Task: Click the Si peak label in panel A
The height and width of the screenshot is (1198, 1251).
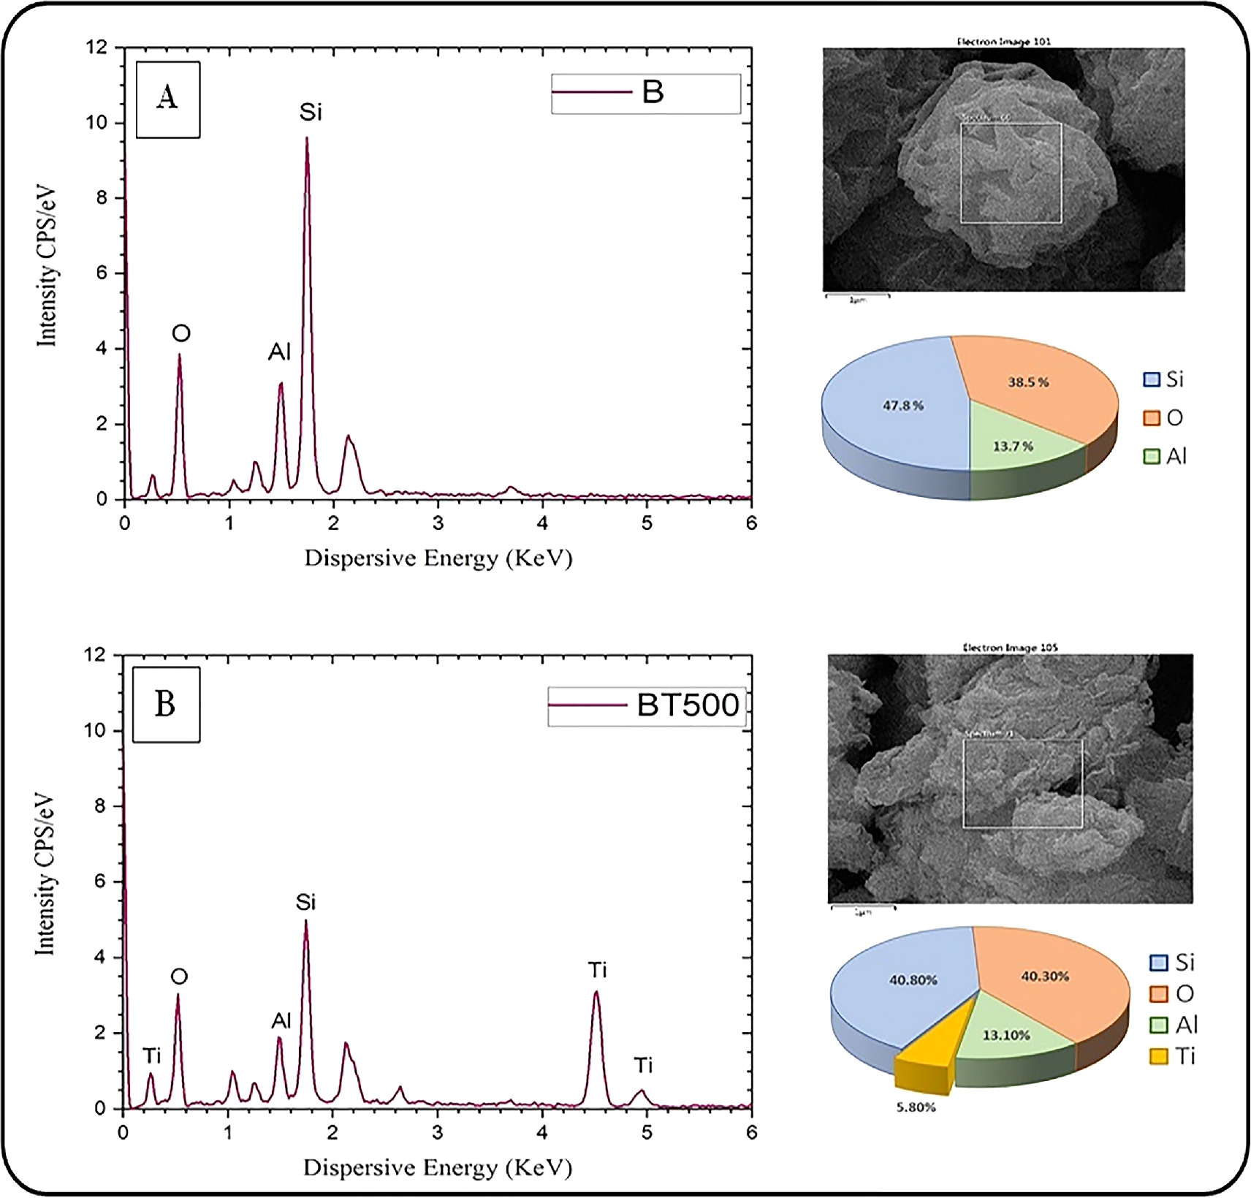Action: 310,113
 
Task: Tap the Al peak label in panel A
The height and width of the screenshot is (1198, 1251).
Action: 279,353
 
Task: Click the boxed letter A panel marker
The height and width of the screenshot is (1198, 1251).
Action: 167,99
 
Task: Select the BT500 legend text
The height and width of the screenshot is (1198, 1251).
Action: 687,705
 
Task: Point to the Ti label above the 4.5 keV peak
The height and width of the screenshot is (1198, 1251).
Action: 597,971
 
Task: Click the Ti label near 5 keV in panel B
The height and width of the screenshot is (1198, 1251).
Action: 642,1066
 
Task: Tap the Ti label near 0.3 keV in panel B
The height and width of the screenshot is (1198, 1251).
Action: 151,1056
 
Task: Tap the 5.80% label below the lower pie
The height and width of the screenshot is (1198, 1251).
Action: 916,1107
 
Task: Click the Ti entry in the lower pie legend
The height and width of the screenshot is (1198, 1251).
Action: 1173,1056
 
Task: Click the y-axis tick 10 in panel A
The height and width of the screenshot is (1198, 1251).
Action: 96,123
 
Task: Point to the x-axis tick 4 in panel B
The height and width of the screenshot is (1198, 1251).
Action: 541,1132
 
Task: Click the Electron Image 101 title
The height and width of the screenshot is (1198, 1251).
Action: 1003,42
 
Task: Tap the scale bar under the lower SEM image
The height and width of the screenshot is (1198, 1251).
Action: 863,909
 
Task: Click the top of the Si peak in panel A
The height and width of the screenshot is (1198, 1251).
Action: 307,139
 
